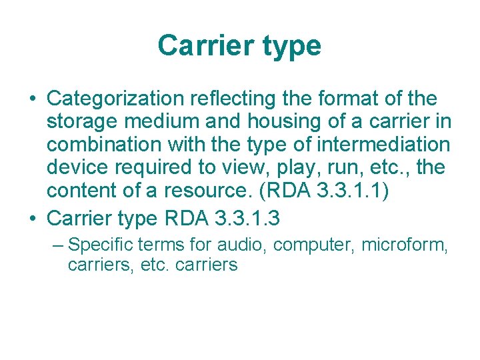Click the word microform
[x=405, y=245]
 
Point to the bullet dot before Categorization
[x=31, y=100]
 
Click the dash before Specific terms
[x=58, y=245]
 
